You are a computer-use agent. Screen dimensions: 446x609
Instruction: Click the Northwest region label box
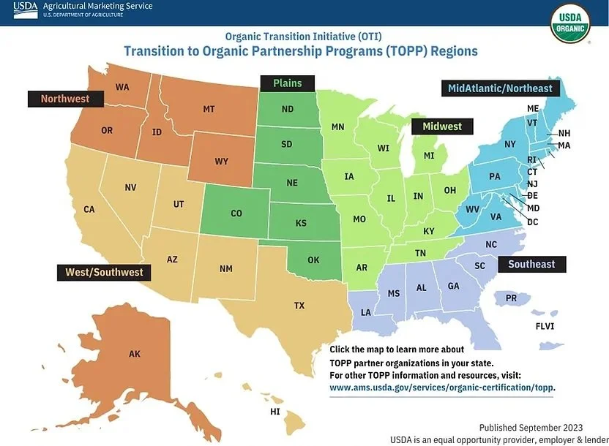click(x=64, y=99)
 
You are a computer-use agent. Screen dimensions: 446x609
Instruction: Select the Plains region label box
click(x=287, y=83)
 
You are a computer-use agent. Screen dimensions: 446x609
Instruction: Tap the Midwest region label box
click(x=441, y=126)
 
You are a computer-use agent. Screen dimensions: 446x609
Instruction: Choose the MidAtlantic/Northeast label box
click(x=500, y=88)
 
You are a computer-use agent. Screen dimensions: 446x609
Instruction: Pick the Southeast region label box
click(x=531, y=264)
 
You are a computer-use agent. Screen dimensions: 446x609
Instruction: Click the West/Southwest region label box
click(x=104, y=272)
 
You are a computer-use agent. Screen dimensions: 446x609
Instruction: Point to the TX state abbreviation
click(x=299, y=306)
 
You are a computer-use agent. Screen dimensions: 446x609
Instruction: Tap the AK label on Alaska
click(x=134, y=354)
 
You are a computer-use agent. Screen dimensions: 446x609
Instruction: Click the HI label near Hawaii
click(x=275, y=412)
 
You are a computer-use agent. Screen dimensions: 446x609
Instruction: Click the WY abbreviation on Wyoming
click(x=221, y=161)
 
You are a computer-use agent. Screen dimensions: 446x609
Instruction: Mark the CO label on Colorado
click(x=236, y=213)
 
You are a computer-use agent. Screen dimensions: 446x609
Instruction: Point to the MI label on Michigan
click(x=429, y=156)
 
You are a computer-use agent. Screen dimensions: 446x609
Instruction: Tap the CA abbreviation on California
click(x=89, y=209)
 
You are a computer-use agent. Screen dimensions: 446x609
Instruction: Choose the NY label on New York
click(x=510, y=144)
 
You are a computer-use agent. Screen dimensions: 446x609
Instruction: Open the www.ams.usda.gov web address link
click(x=442, y=388)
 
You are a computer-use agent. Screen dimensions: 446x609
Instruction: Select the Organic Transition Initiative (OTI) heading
click(x=303, y=36)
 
